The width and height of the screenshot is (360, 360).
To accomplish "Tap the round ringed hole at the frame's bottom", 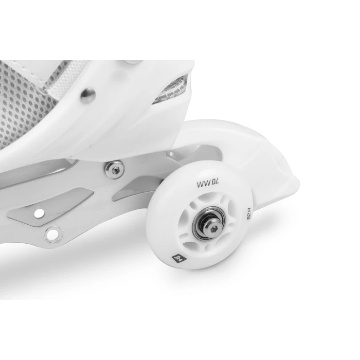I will tap(52, 235).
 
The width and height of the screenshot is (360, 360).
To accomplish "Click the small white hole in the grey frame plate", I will tap(38, 210).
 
